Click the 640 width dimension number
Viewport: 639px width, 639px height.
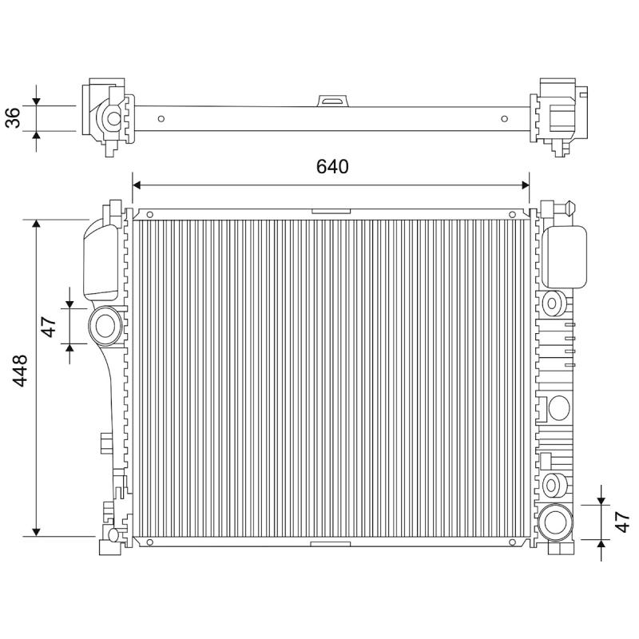point(332,167)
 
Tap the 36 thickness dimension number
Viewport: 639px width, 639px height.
point(13,117)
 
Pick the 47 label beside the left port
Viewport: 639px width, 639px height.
point(49,327)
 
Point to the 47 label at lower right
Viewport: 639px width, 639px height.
point(622,522)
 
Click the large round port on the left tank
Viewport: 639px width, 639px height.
point(105,326)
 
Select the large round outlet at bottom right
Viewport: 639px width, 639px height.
point(554,522)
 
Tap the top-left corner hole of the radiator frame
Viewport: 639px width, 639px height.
point(149,215)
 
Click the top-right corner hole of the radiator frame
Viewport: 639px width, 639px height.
point(512,215)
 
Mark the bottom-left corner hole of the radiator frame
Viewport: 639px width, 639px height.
point(149,542)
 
